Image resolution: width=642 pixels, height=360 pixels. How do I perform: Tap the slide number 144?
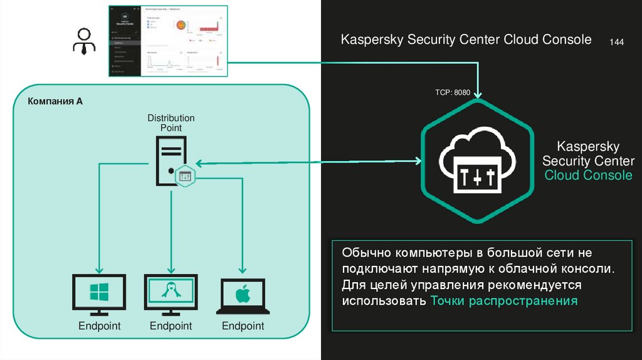pyautogui.click(x=616, y=42)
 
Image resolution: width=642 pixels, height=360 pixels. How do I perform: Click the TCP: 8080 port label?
pyautogui.click(x=453, y=92)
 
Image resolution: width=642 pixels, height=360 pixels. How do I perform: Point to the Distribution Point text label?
pyautogui.click(x=171, y=123)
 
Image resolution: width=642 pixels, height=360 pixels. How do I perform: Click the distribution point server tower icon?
pyautogui.click(x=170, y=162)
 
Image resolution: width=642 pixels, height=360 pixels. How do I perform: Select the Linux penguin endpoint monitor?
pyautogui.click(x=171, y=294)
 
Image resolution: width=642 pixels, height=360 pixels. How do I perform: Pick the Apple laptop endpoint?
pyautogui.click(x=243, y=297)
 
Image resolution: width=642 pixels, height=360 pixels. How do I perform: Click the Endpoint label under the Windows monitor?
pyautogui.click(x=99, y=326)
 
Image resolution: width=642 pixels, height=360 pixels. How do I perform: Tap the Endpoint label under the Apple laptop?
pyautogui.click(x=243, y=326)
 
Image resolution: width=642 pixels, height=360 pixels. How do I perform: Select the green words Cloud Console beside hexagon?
pyautogui.click(x=588, y=176)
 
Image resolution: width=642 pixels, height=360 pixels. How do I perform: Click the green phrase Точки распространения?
pyautogui.click(x=503, y=301)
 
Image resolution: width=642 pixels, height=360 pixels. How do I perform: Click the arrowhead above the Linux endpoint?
pyautogui.click(x=171, y=268)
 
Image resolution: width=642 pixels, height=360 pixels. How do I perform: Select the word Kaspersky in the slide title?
pyautogui.click(x=372, y=40)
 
